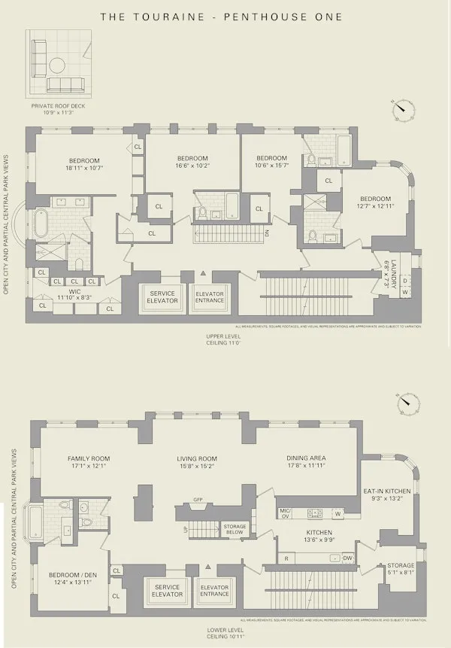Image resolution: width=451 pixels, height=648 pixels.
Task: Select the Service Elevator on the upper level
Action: click(x=163, y=297)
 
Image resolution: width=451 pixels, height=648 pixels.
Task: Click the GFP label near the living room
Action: click(x=198, y=498)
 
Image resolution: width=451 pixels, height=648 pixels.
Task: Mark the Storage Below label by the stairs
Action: click(x=235, y=529)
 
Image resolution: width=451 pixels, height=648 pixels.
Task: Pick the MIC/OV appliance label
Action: click(x=284, y=513)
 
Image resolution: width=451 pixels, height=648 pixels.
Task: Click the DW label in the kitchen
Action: click(x=347, y=558)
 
